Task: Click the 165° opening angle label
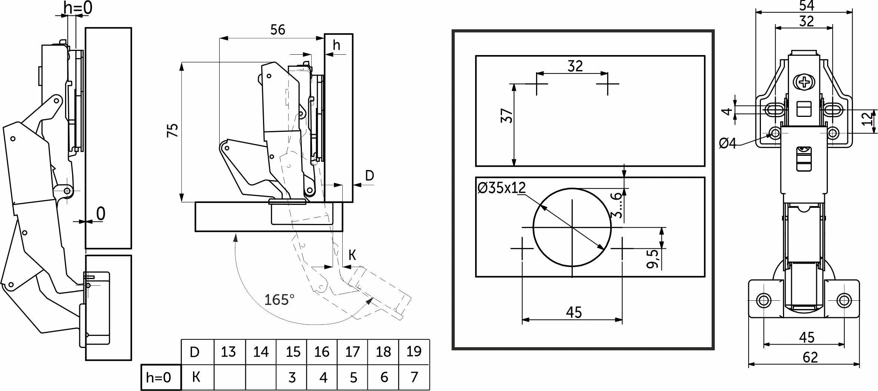click(x=279, y=300)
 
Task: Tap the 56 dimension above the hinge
click(x=278, y=30)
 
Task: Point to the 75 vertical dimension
click(x=173, y=130)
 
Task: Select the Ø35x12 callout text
click(x=502, y=187)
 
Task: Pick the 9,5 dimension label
click(x=652, y=259)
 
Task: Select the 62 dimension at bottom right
click(x=810, y=358)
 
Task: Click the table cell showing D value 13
click(x=229, y=352)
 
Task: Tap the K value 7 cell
click(x=414, y=377)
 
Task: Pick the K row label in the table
click(x=196, y=377)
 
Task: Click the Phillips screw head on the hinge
click(x=803, y=82)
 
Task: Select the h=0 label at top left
click(x=78, y=7)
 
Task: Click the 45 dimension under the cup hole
click(x=574, y=312)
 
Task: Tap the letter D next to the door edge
click(x=370, y=175)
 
